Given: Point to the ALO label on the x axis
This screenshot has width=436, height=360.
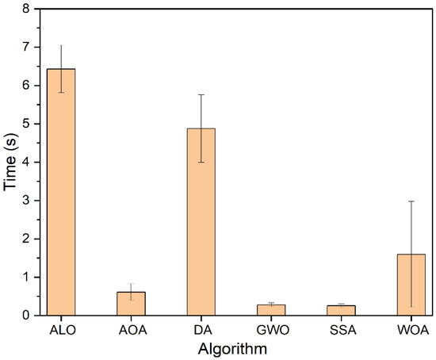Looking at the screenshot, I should pyautogui.click(x=62, y=328).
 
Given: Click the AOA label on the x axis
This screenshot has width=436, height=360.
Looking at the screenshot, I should pyautogui.click(x=132, y=328).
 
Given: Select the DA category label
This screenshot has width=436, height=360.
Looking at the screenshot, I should pyautogui.click(x=201, y=328).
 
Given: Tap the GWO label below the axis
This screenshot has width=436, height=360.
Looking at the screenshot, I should pyautogui.click(x=271, y=328).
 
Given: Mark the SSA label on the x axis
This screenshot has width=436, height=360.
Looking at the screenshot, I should pyautogui.click(x=341, y=328).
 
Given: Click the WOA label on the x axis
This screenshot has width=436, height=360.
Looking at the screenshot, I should pyautogui.click(x=411, y=328).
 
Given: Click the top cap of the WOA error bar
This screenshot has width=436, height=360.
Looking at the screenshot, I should pyautogui.click(x=411, y=201).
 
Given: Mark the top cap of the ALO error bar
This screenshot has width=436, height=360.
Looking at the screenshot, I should pyautogui.click(x=62, y=45).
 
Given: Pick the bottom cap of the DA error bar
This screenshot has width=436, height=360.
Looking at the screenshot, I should pyautogui.click(x=201, y=162).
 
